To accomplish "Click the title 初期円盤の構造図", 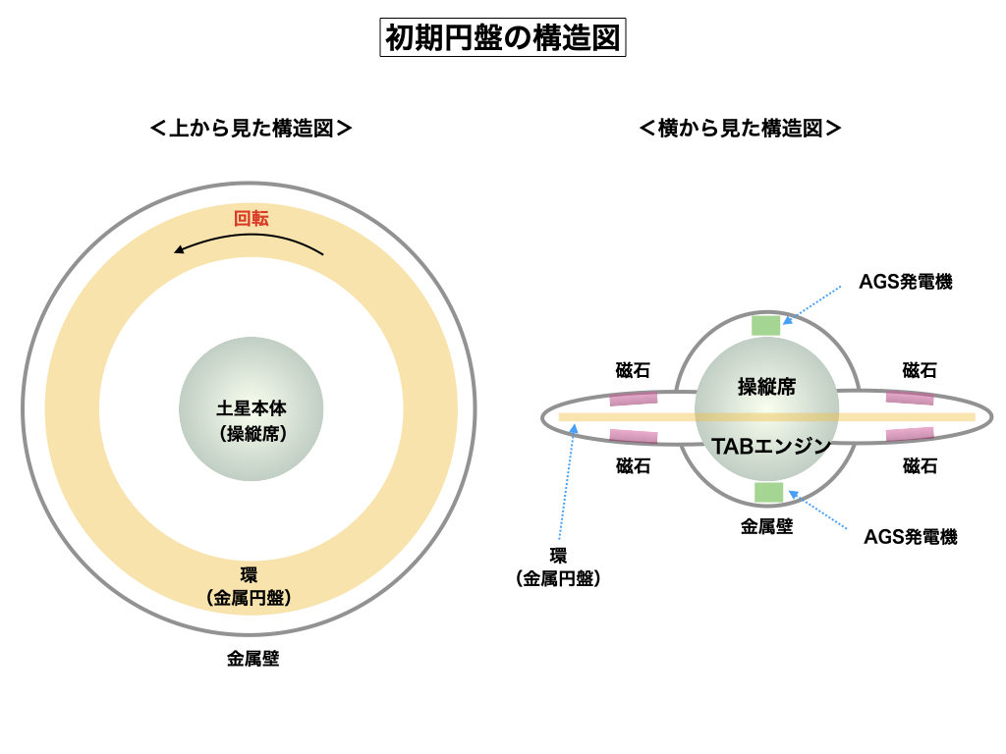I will (502, 39).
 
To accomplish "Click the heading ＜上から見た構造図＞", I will (251, 128).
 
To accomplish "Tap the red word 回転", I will (251, 218).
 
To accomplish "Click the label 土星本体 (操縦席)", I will (251, 419).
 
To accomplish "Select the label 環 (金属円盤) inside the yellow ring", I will (251, 585).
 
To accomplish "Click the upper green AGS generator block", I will (766, 325).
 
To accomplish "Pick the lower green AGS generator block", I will (768, 492).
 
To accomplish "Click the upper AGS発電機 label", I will (906, 282).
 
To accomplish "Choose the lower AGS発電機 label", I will (910, 536).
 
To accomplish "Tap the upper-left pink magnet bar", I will (633, 399).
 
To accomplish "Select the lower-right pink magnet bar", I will (910, 434).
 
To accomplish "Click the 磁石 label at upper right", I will (919, 370).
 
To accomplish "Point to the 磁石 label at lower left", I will (633, 466).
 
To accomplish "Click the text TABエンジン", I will (771, 446).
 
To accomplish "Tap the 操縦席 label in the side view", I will (766, 387).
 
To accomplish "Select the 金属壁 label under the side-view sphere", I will (766, 526).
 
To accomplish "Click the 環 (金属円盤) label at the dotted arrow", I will (558, 567).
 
